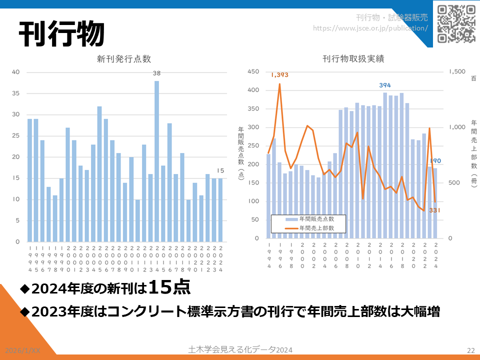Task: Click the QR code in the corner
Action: [x=456, y=23]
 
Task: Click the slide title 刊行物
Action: [x=61, y=34]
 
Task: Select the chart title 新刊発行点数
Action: [x=124, y=58]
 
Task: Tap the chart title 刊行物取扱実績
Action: [x=353, y=58]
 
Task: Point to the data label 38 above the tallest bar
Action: [x=156, y=73]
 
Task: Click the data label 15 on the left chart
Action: [x=220, y=170]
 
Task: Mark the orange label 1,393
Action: [x=279, y=75]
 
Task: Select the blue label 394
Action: [x=384, y=85]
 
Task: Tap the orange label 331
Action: [x=434, y=210]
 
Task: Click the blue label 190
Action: [x=436, y=161]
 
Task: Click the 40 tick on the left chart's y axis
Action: [x=15, y=72]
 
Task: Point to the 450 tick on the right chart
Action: [x=253, y=72]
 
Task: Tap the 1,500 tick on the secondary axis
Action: [x=457, y=72]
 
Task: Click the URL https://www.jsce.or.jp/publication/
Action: [x=370, y=28]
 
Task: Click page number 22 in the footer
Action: [x=470, y=350]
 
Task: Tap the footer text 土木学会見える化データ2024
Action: [x=240, y=349]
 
